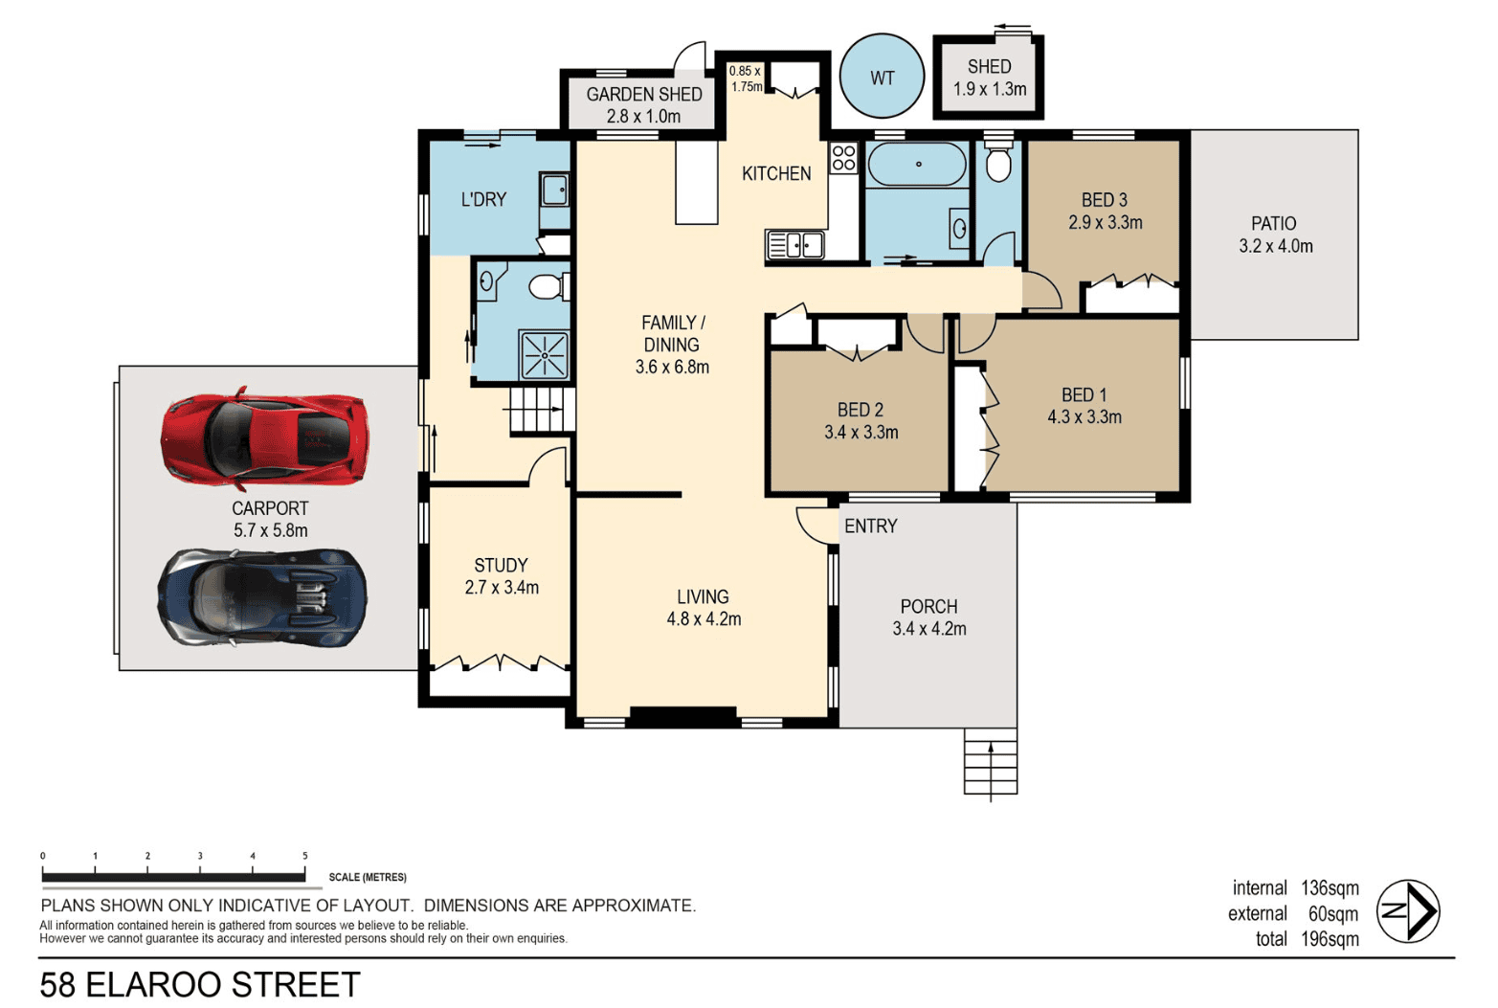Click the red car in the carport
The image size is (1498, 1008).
[265, 438]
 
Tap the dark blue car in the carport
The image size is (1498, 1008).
[262, 597]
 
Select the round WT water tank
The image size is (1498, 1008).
[882, 77]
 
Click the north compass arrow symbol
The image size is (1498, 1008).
[1408, 911]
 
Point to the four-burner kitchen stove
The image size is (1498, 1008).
[843, 158]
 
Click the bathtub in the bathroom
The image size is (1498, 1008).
[917, 164]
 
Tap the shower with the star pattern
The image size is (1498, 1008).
[545, 355]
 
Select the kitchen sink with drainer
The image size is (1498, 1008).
[795, 245]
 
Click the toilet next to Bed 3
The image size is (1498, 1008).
[997, 159]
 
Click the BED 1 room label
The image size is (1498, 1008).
[1084, 394]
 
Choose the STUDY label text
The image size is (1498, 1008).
[501, 565]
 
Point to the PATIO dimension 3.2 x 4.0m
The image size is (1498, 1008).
[1275, 246]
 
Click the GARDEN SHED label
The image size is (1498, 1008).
[644, 95]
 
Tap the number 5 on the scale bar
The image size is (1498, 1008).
[305, 856]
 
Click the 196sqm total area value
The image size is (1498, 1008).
[1330, 939]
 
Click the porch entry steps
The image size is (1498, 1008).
[991, 761]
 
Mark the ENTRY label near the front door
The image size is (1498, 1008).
[871, 526]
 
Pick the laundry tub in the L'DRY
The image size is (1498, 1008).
[554, 190]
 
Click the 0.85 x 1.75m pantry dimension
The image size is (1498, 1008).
[746, 78]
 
